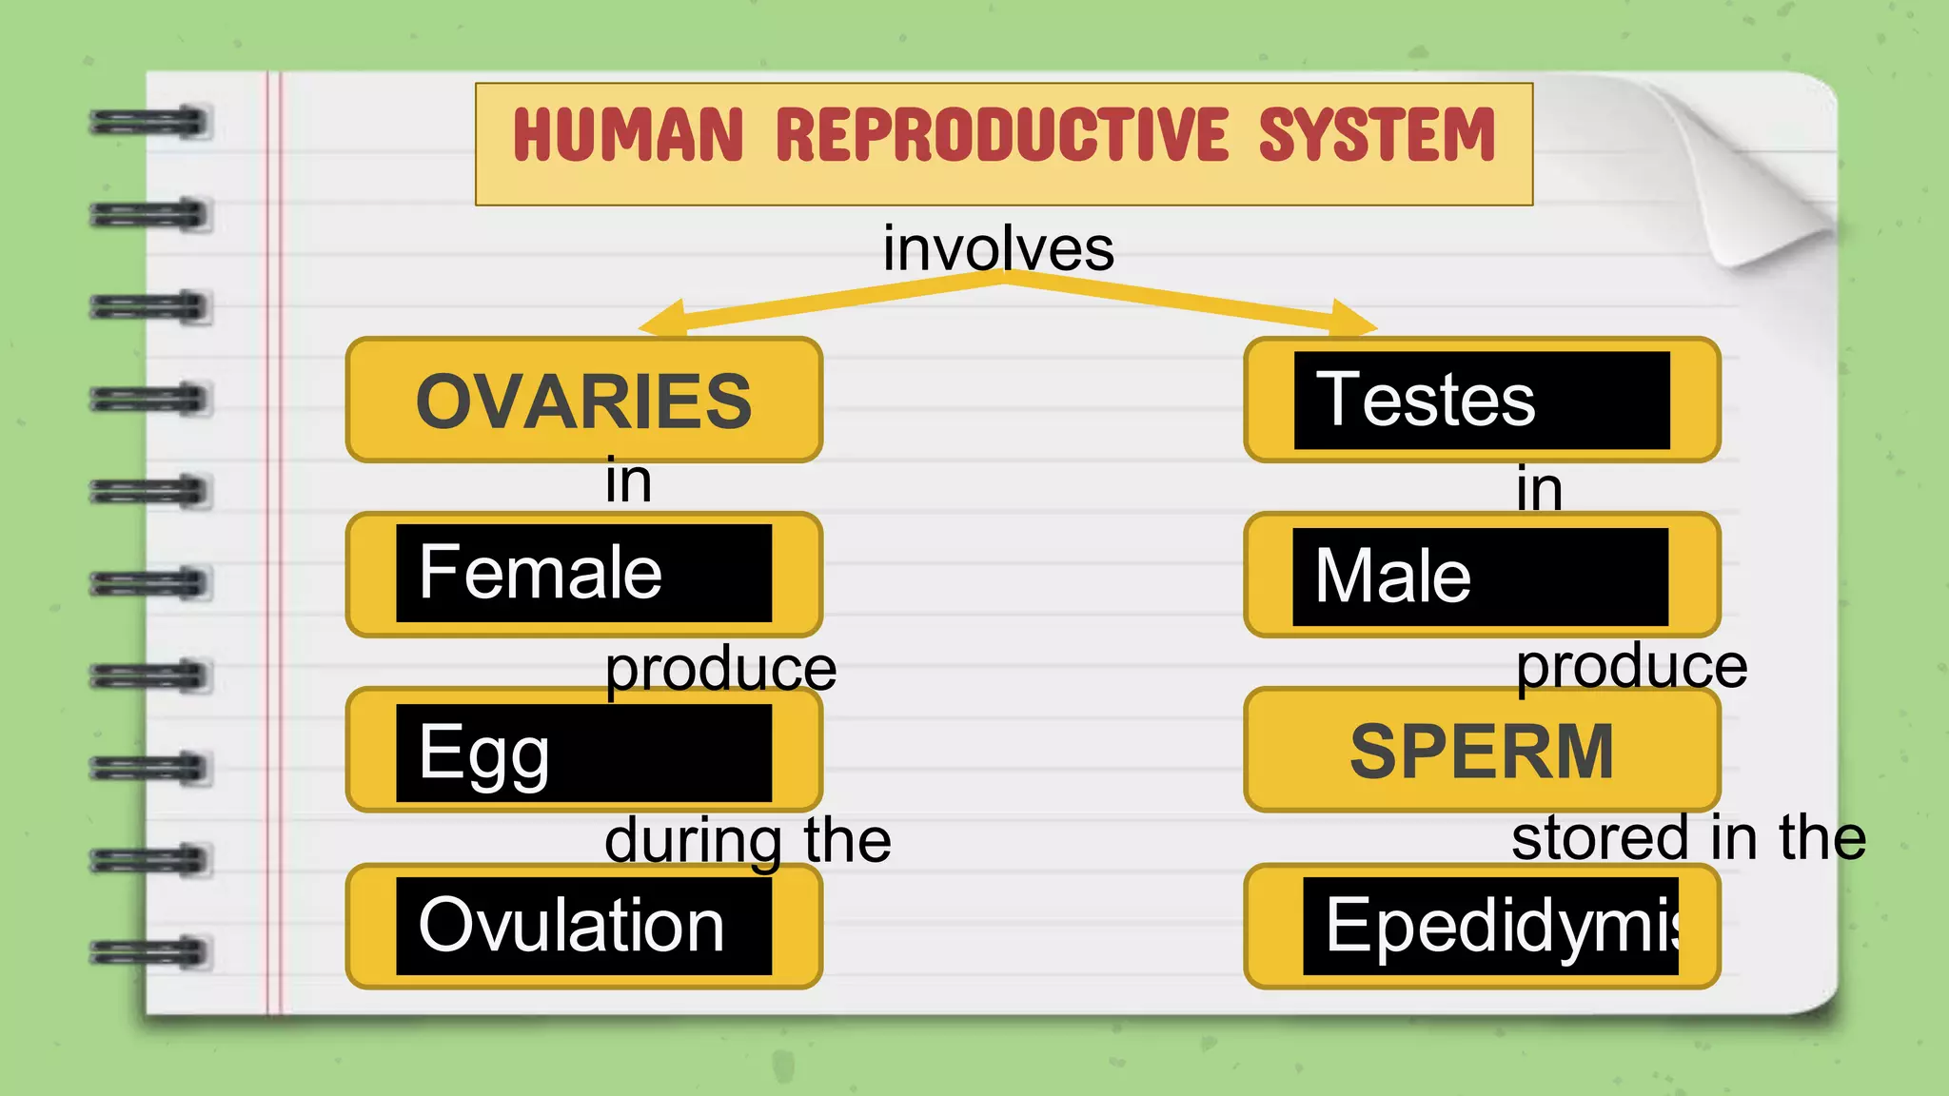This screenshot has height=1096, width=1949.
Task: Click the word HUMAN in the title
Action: pos(627,135)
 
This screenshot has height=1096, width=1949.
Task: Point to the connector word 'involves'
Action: pos(998,248)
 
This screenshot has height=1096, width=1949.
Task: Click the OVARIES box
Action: pos(584,401)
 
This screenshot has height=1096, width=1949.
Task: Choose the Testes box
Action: pos(1482,401)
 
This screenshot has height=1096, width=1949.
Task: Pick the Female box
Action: pos(584,574)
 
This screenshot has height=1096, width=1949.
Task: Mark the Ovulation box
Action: pos(584,926)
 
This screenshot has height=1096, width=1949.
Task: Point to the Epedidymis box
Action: pos(1482,926)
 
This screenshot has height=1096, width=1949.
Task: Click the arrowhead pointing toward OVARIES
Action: pos(663,320)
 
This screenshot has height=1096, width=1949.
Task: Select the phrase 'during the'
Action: pos(748,841)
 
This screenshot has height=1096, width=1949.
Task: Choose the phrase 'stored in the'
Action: pos(1688,838)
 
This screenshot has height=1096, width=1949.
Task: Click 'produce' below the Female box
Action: pos(720,668)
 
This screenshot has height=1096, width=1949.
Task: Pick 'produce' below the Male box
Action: pos(1631,665)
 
